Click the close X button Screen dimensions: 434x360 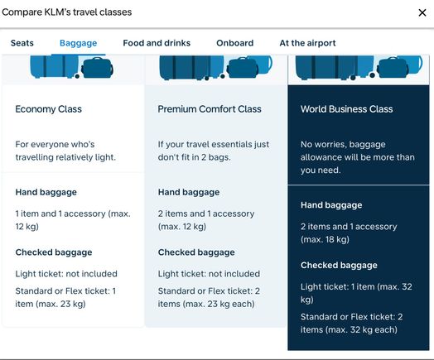(x=422, y=12)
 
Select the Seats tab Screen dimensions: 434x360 (x=22, y=43)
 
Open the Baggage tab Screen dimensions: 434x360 (x=79, y=43)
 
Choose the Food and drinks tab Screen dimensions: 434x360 (x=157, y=43)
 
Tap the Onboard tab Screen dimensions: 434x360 (x=235, y=43)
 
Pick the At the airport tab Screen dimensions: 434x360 (x=307, y=43)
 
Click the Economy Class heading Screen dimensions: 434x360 (x=48, y=109)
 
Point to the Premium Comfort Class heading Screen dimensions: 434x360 (x=210, y=109)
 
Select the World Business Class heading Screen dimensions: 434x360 (x=346, y=109)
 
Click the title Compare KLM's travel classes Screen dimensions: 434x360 (x=67, y=12)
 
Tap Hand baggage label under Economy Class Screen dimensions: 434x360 (x=46, y=192)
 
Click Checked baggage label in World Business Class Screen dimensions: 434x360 (x=339, y=265)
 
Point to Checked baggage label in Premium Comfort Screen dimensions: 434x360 (x=196, y=252)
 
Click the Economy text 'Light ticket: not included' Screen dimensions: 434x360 (x=66, y=274)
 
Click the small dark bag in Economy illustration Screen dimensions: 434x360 (x=97, y=68)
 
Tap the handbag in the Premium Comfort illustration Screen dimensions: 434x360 (x=243, y=68)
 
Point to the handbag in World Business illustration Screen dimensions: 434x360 (x=393, y=68)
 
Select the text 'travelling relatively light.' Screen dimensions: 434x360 (x=65, y=157)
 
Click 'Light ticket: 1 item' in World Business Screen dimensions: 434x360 (x=338, y=286)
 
